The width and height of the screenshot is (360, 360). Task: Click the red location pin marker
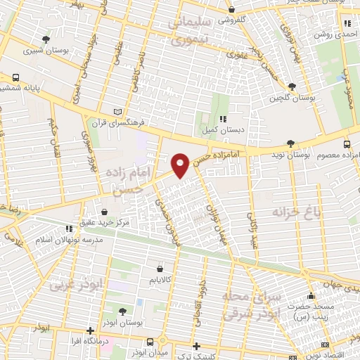(181, 165)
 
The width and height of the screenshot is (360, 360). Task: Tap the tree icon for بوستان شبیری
(46, 39)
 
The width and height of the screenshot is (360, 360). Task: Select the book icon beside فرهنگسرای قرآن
(118, 111)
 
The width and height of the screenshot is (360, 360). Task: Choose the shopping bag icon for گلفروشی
(232, 10)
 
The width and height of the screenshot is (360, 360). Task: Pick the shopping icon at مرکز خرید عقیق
(105, 212)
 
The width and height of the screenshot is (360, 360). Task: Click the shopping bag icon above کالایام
(160, 269)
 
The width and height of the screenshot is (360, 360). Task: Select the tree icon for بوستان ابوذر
(122, 311)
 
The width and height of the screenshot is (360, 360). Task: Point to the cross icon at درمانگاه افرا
(89, 330)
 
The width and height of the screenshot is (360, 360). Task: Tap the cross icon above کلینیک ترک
(196, 345)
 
